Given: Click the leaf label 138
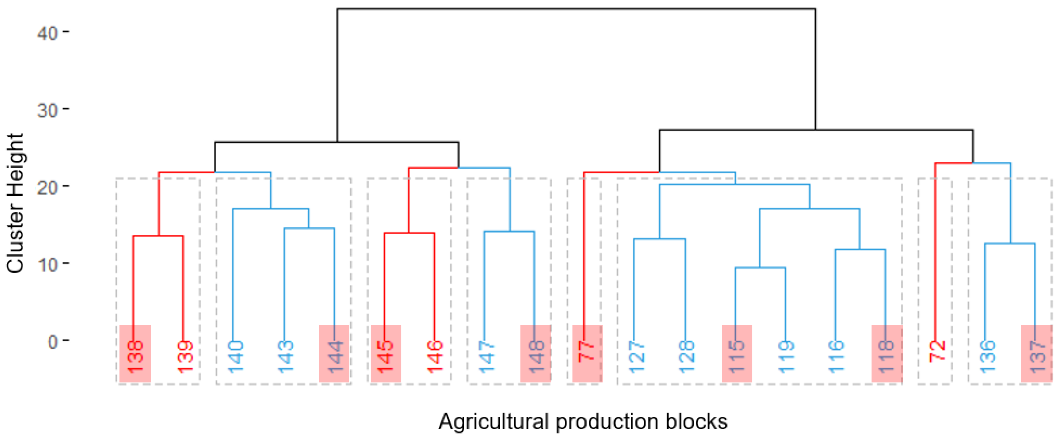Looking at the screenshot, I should pos(135,356).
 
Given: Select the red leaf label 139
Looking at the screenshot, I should pos(185,356).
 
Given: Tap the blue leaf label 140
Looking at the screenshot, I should pos(235,356).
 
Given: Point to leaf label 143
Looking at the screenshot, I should pos(285,356).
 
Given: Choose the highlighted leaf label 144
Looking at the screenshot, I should pos(335,356).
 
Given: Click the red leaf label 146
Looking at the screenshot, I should pos(434,356).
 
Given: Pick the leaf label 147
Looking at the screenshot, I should pos(486,356).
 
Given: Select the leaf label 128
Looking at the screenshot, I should pos(686,356).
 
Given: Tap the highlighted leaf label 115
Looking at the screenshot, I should pos(737,356).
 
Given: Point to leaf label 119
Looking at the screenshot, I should pos(786,356).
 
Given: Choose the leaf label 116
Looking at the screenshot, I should pos(836,356).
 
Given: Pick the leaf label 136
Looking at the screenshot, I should pos(987,356).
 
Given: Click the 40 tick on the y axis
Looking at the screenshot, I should pos(47,32).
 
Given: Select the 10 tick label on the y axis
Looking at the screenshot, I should pos(47,264).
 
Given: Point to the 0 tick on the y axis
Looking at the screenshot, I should pos(52,341).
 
